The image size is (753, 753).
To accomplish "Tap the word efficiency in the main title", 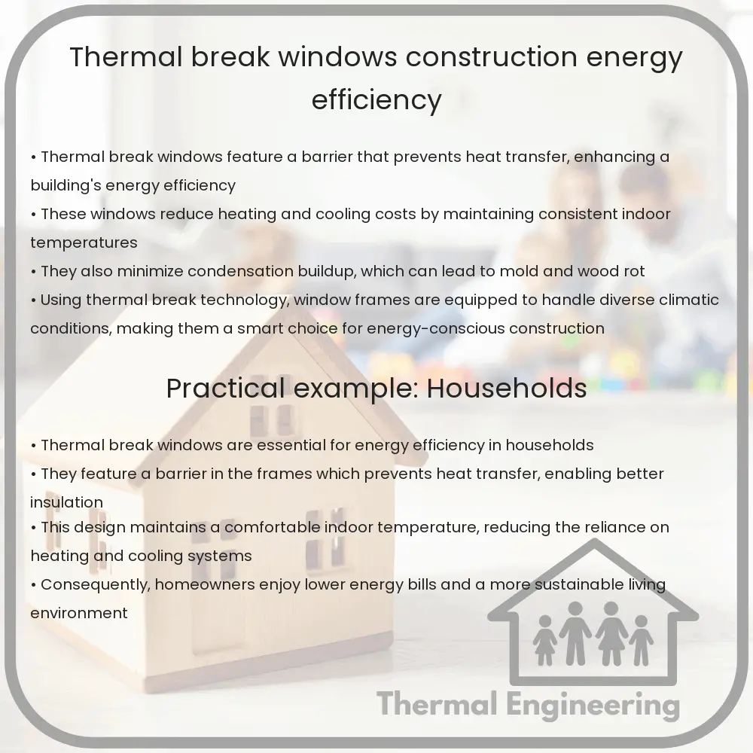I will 376,99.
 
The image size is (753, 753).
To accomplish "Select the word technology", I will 245,300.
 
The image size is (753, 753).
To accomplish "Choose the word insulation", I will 66,502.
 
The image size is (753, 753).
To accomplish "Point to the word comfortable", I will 272,527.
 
